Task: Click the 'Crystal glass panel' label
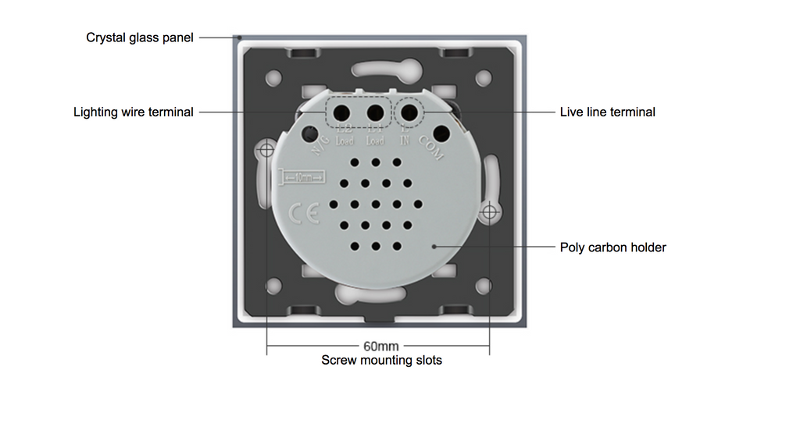click(x=140, y=37)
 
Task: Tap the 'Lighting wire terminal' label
click(x=134, y=112)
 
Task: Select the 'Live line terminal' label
click(x=607, y=112)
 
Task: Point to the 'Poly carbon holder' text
click(x=612, y=247)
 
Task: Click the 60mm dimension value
click(x=381, y=346)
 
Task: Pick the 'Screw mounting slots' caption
click(x=381, y=361)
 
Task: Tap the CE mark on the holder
click(x=303, y=212)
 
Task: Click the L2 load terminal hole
click(x=341, y=112)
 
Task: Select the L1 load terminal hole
click(x=375, y=112)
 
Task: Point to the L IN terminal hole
click(x=408, y=112)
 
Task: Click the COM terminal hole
click(x=441, y=133)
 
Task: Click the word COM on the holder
click(x=431, y=148)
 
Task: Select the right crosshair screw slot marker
click(x=490, y=211)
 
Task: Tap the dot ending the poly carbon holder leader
click(x=434, y=247)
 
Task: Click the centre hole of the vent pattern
click(x=376, y=205)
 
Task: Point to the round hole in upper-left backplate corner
click(x=273, y=78)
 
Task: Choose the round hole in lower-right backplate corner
click(x=484, y=285)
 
